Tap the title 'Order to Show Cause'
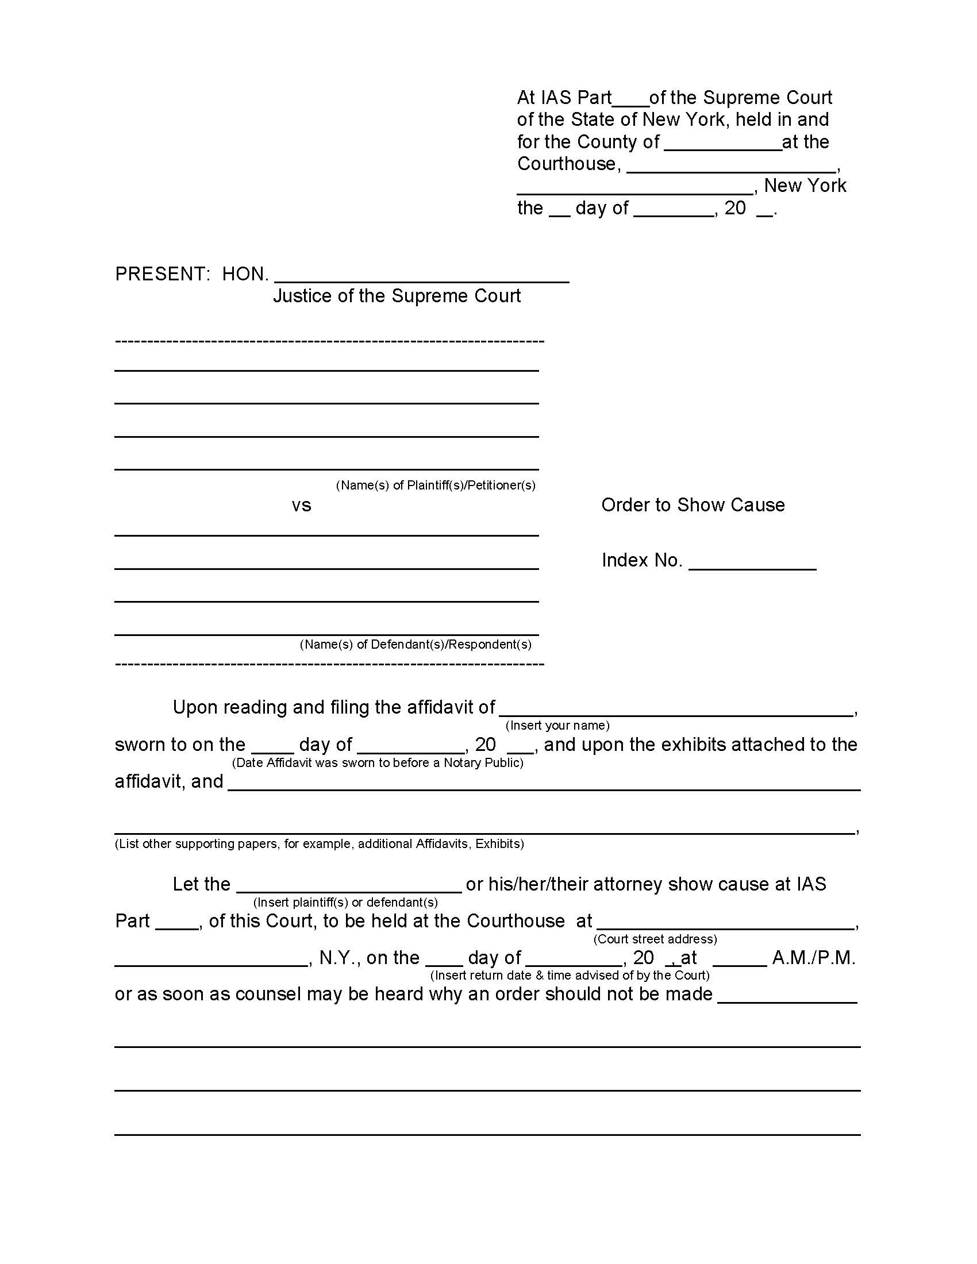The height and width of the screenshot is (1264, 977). pyautogui.click(x=693, y=505)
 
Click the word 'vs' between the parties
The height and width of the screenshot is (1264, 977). pyautogui.click(x=301, y=506)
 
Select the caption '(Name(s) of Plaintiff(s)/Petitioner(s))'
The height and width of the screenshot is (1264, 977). pyautogui.click(x=435, y=485)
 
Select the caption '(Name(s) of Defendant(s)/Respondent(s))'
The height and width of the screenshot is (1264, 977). pyautogui.click(x=415, y=644)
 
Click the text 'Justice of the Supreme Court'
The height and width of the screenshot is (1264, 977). pyautogui.click(x=397, y=296)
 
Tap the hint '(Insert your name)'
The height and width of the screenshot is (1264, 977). pyautogui.click(x=557, y=725)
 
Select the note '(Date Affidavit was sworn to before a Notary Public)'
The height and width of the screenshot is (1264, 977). pyautogui.click(x=378, y=763)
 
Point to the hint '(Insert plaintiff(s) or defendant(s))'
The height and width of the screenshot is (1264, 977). pyautogui.click(x=345, y=902)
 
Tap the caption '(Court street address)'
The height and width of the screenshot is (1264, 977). pyautogui.click(x=655, y=939)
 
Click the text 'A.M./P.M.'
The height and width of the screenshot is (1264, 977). pyautogui.click(x=813, y=958)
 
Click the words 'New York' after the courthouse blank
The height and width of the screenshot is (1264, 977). pyautogui.click(x=805, y=186)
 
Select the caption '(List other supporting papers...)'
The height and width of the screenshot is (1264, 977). pyautogui.click(x=319, y=844)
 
